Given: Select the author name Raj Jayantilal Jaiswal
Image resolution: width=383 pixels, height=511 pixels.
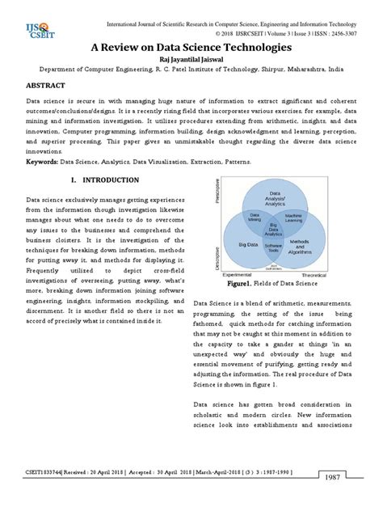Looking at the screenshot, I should (191, 61).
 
